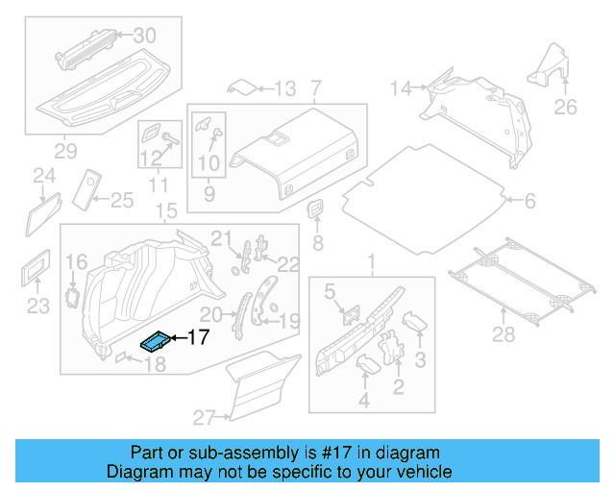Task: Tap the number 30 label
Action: coord(143,36)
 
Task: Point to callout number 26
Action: coord(566,107)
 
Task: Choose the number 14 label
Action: coord(400,89)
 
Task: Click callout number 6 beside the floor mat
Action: coord(529,201)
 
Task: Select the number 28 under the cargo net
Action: coord(503,334)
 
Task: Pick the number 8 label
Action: coord(318,242)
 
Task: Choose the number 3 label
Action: coord(419,359)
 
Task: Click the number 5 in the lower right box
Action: coord(330,289)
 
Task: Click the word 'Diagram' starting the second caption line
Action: coord(137,472)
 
